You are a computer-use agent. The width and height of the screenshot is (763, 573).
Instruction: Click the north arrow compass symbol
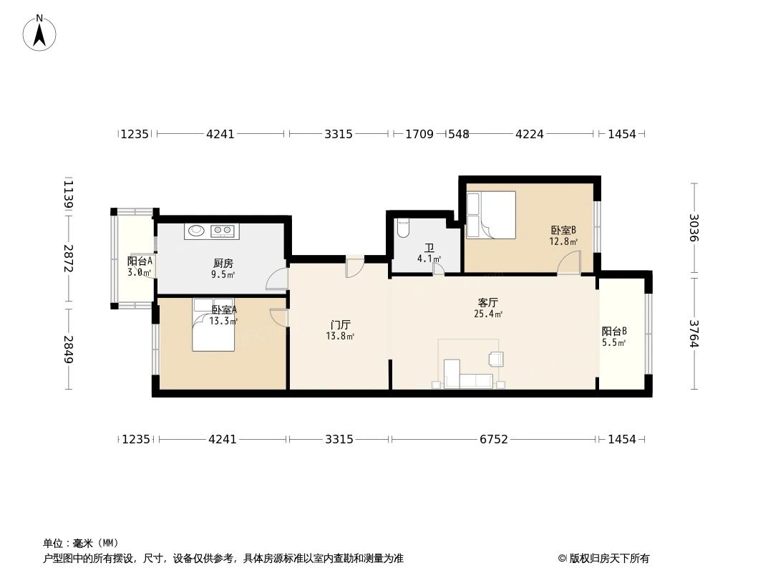(x=40, y=33)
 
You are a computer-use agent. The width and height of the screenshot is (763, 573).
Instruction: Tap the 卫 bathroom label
(x=428, y=249)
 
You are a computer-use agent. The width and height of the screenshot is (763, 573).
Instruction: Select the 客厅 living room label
(x=487, y=303)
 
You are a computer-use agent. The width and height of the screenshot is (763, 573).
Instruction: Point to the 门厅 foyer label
(x=339, y=324)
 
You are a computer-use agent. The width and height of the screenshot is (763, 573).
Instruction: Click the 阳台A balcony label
(x=140, y=261)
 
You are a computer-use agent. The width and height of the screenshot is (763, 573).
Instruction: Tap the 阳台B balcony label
(x=614, y=332)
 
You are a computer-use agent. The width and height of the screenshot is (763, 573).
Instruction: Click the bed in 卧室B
(x=491, y=214)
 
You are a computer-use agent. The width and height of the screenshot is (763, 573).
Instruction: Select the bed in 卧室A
(x=213, y=325)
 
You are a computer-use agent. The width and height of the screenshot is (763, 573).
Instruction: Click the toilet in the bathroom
(x=402, y=227)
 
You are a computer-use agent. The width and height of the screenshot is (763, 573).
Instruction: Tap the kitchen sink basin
(x=195, y=231)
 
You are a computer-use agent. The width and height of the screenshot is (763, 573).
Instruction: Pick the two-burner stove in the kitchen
(x=223, y=231)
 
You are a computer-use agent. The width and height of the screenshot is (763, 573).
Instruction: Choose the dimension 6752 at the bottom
(x=493, y=439)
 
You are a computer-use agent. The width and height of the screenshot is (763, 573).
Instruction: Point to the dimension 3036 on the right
(x=693, y=228)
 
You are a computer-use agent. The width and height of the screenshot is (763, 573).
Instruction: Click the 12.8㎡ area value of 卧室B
(x=563, y=242)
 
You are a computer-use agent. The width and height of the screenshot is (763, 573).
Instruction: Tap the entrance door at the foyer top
(x=355, y=266)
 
